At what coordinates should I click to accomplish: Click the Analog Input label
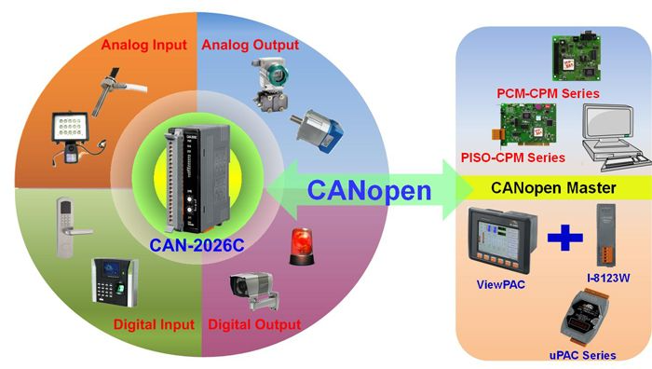tap(143, 45)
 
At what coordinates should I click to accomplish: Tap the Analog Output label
tap(251, 45)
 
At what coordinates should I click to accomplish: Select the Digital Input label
tap(154, 324)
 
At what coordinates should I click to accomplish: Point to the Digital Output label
tap(254, 324)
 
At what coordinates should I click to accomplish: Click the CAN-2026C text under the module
tap(197, 245)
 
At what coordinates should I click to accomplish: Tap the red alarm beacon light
tap(302, 246)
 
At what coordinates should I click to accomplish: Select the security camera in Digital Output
tap(254, 291)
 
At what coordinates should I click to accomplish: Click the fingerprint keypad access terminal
tap(115, 282)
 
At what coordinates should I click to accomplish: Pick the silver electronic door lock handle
tap(71, 227)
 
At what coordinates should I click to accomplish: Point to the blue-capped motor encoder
tap(319, 130)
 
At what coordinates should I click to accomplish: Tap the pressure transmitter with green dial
tap(272, 85)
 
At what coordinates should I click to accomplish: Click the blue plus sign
tap(565, 238)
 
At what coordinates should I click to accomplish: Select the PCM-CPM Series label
tap(548, 93)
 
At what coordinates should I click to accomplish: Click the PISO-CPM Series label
tap(512, 157)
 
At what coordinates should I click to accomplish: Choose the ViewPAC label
tap(501, 284)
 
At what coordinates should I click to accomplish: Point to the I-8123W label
tap(608, 278)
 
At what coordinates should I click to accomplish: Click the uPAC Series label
tap(582, 355)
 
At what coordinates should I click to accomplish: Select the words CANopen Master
tap(553, 187)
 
